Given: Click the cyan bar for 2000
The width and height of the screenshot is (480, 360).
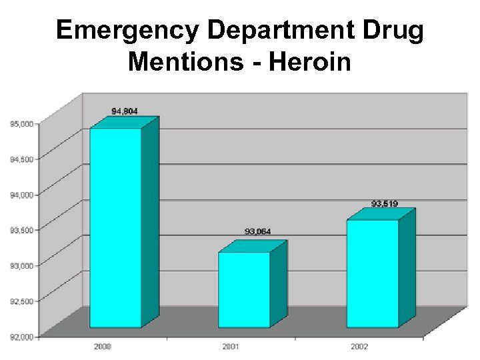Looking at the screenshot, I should (116, 227).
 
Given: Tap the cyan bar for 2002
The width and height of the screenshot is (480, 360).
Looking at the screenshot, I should (373, 273).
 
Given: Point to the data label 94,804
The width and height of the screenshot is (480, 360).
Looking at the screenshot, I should (125, 111).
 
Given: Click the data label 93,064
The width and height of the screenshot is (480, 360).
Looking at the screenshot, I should (258, 231).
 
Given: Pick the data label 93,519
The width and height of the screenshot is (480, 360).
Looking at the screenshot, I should (385, 203).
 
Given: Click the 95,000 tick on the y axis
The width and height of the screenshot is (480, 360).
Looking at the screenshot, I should (23, 123).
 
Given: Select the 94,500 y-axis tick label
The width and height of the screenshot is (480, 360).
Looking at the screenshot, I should (23, 159).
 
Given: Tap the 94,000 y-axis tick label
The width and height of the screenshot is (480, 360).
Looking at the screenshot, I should (23, 195).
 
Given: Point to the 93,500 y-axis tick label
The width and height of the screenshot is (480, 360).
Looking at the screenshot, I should (23, 230).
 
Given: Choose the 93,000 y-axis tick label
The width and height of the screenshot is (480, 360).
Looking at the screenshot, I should (23, 265).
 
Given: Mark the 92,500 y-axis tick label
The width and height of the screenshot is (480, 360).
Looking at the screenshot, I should (23, 301).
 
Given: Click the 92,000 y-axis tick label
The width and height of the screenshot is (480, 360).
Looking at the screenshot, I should (23, 337).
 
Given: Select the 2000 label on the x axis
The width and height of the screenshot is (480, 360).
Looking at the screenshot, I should (103, 347).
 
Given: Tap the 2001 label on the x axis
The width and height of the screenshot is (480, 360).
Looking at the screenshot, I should (231, 347).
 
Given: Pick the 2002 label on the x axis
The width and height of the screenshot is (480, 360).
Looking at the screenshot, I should (359, 347).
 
